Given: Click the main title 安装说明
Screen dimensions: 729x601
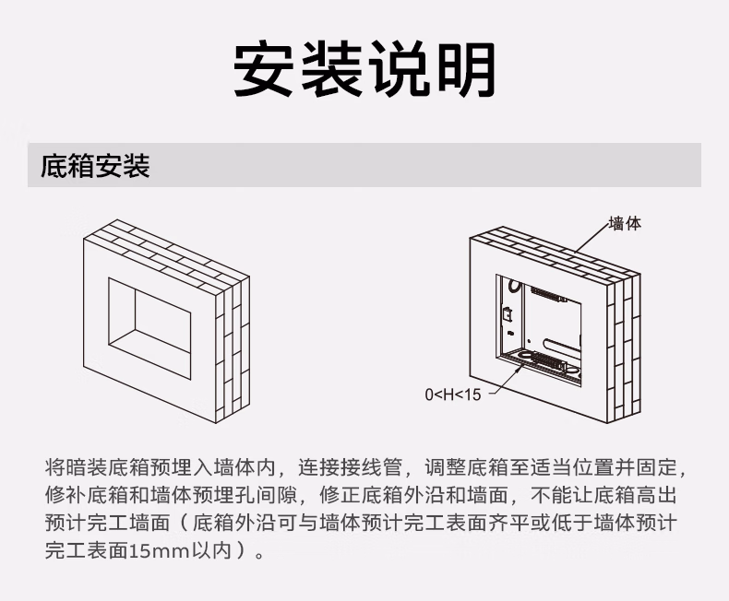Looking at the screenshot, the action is pos(364,69).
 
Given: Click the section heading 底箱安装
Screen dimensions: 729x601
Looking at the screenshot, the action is pos(95,167).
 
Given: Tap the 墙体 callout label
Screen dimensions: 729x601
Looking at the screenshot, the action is pos(625,223).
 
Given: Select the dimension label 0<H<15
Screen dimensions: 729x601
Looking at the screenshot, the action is pos(453,395).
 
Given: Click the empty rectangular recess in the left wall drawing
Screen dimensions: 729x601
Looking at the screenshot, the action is pos(149,316).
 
